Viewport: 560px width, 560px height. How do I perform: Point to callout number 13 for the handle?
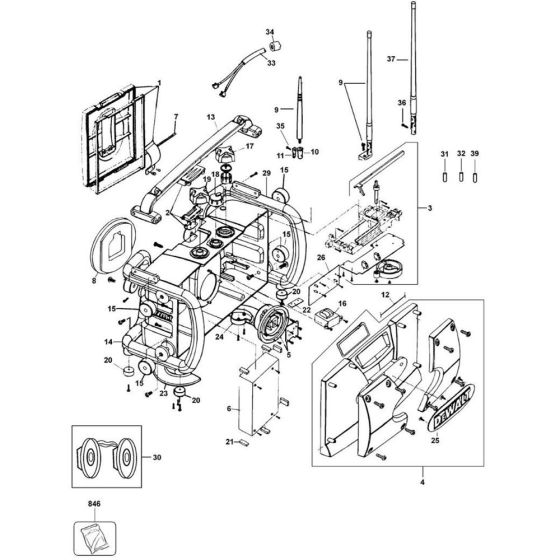click(212, 117)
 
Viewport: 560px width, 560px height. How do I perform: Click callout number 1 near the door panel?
click(159, 80)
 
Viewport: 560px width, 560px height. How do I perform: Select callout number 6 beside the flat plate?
click(230, 410)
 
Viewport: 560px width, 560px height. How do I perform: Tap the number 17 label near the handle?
click(250, 147)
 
